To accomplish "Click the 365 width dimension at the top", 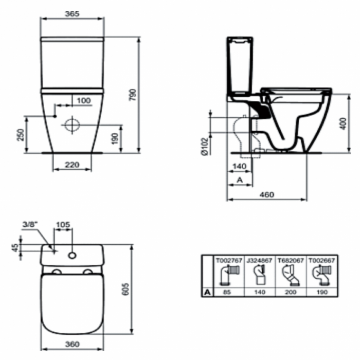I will click(x=73, y=14).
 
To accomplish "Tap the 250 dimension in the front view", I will click(x=20, y=135).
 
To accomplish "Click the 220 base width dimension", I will click(x=71, y=165).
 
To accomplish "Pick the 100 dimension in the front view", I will click(x=83, y=100).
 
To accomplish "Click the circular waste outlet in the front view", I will click(x=72, y=124).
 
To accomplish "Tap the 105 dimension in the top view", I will click(x=63, y=224).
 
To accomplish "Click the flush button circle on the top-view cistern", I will click(x=72, y=254).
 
